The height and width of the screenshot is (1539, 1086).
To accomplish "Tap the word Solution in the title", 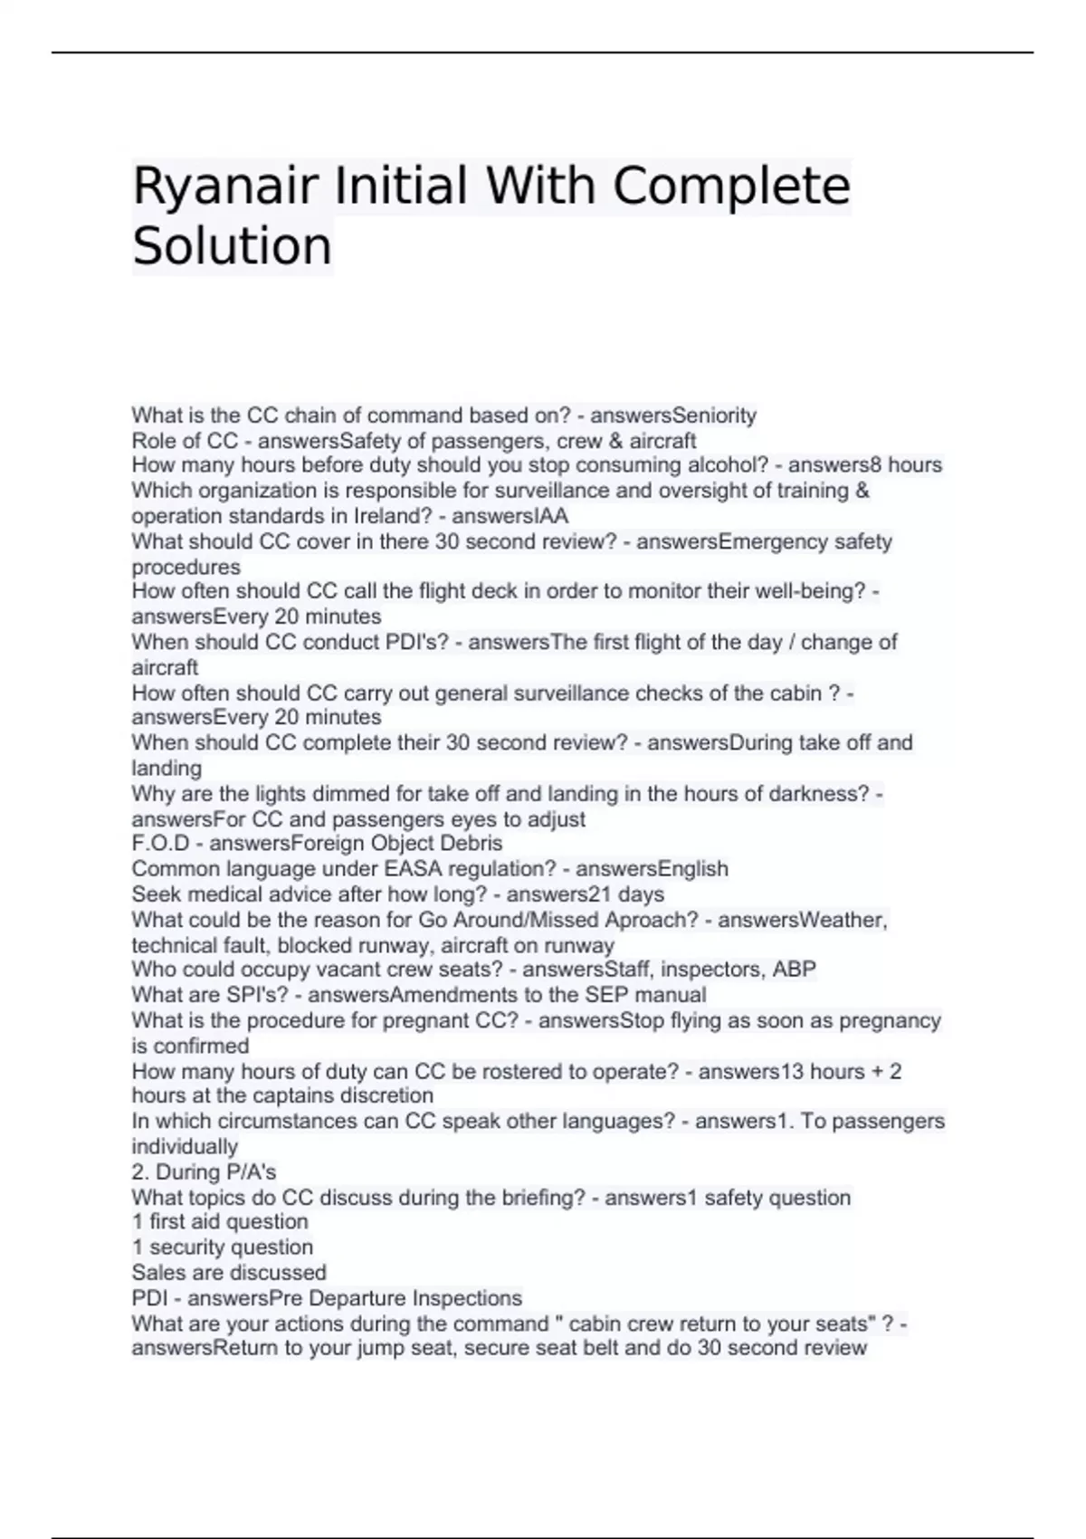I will [x=232, y=246].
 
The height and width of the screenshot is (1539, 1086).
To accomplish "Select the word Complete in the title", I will [x=731, y=186].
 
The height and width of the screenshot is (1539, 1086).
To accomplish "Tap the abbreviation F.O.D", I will [x=161, y=844].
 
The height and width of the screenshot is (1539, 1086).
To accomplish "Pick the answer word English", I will [x=692, y=869].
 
